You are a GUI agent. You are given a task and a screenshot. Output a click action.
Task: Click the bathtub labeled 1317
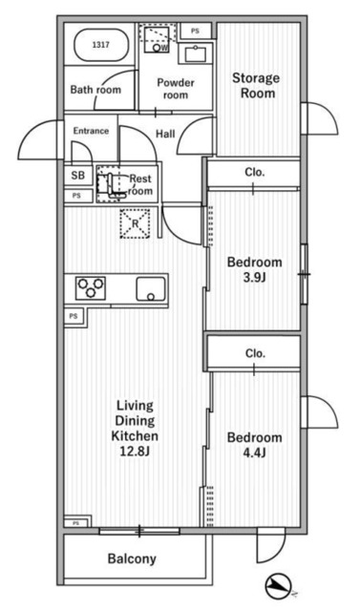click(100, 45)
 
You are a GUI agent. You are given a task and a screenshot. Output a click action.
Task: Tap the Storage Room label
click(256, 85)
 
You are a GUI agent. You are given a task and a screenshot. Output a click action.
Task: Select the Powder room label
click(176, 89)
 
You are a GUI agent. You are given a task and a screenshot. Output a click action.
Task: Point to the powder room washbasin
click(195, 53)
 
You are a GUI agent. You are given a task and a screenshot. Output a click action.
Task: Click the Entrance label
click(91, 131)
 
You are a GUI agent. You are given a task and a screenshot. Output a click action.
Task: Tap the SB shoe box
click(78, 176)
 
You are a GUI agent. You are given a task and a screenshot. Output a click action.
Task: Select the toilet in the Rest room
click(111, 185)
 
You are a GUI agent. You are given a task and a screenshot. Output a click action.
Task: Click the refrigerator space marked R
click(135, 223)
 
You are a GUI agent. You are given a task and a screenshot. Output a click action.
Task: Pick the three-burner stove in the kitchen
click(91, 288)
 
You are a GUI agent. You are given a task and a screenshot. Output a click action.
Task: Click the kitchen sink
click(150, 289)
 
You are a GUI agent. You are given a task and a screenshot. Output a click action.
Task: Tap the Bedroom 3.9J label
click(255, 269)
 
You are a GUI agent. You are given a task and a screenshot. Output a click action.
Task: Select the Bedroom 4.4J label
click(255, 445)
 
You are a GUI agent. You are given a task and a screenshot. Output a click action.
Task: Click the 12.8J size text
click(135, 452)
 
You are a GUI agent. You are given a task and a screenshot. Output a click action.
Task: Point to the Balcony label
click(132, 558)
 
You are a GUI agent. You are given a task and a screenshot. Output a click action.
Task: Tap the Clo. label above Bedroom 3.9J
click(255, 172)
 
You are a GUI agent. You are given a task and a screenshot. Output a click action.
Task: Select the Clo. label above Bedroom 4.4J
click(255, 353)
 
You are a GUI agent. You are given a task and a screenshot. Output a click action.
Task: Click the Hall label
click(165, 134)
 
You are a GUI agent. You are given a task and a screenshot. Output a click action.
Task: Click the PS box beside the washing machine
click(195, 31)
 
